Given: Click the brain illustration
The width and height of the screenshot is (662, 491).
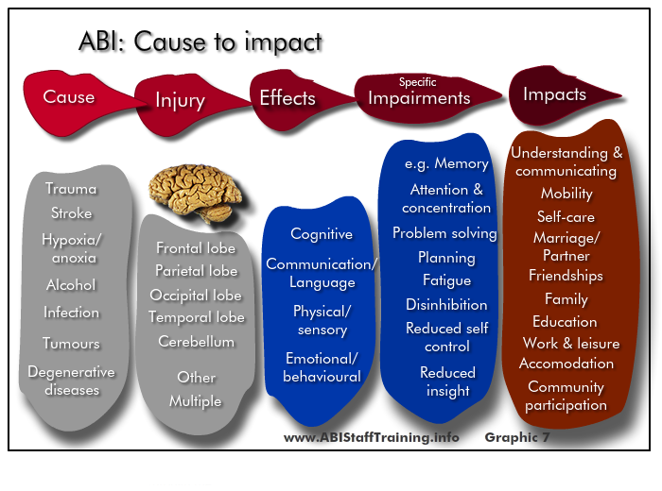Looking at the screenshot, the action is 195,193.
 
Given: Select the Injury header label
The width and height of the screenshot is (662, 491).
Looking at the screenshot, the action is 181,101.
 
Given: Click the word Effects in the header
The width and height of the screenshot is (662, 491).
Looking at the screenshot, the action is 287,98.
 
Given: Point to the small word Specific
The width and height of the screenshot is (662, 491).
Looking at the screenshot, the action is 418,82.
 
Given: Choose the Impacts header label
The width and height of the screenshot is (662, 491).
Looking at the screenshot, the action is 555,94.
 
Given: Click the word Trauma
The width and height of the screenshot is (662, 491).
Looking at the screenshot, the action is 71,189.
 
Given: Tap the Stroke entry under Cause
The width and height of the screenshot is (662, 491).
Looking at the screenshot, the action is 71,212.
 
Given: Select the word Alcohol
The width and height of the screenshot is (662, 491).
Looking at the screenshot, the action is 71,285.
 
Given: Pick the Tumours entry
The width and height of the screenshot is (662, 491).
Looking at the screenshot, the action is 71,343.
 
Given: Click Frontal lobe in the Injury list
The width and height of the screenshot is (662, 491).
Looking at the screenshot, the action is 196,247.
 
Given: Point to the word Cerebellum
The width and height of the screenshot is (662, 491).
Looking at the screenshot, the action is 197,342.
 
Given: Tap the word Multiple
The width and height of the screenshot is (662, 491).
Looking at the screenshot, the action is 195,401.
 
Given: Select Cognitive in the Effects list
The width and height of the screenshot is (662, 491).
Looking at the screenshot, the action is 322,234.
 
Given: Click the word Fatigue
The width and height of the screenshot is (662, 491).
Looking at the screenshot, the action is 446,280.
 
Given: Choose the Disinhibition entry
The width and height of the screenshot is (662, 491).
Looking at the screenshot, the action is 446,304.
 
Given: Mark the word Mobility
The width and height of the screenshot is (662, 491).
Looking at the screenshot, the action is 566,194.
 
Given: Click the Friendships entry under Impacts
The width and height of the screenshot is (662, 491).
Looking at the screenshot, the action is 566,276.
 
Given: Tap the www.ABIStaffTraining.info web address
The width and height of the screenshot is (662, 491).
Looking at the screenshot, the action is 371,437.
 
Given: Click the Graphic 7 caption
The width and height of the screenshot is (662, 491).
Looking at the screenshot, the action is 517,437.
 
